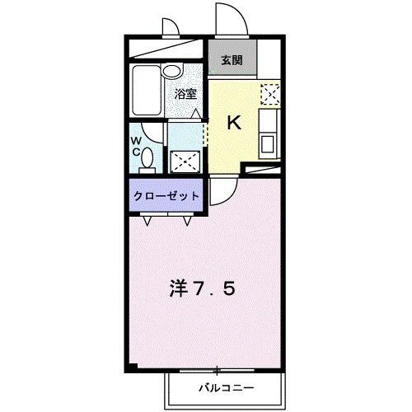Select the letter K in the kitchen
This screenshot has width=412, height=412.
[x=234, y=124]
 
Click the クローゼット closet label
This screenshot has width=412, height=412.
[x=166, y=197]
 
